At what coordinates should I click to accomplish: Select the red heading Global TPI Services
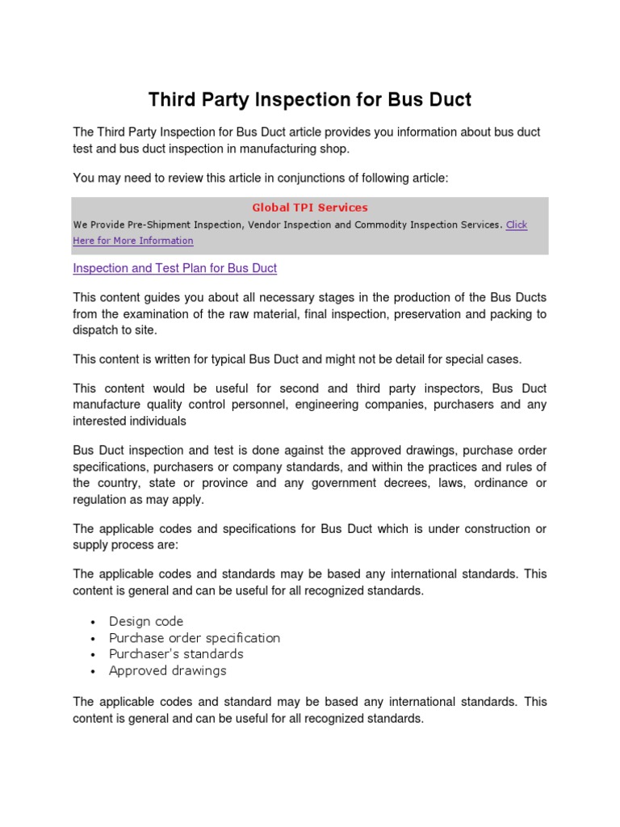click(310, 208)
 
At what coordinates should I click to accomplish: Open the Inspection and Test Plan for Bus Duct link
click(175, 267)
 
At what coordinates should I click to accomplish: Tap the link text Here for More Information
click(133, 241)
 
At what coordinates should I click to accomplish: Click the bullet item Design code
click(146, 621)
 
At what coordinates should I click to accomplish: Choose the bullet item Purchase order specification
click(195, 638)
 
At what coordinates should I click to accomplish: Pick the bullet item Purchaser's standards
click(176, 654)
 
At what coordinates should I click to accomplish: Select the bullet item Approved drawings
click(168, 670)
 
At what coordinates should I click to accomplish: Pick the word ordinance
click(501, 483)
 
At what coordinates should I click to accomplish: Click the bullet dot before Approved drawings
click(94, 671)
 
